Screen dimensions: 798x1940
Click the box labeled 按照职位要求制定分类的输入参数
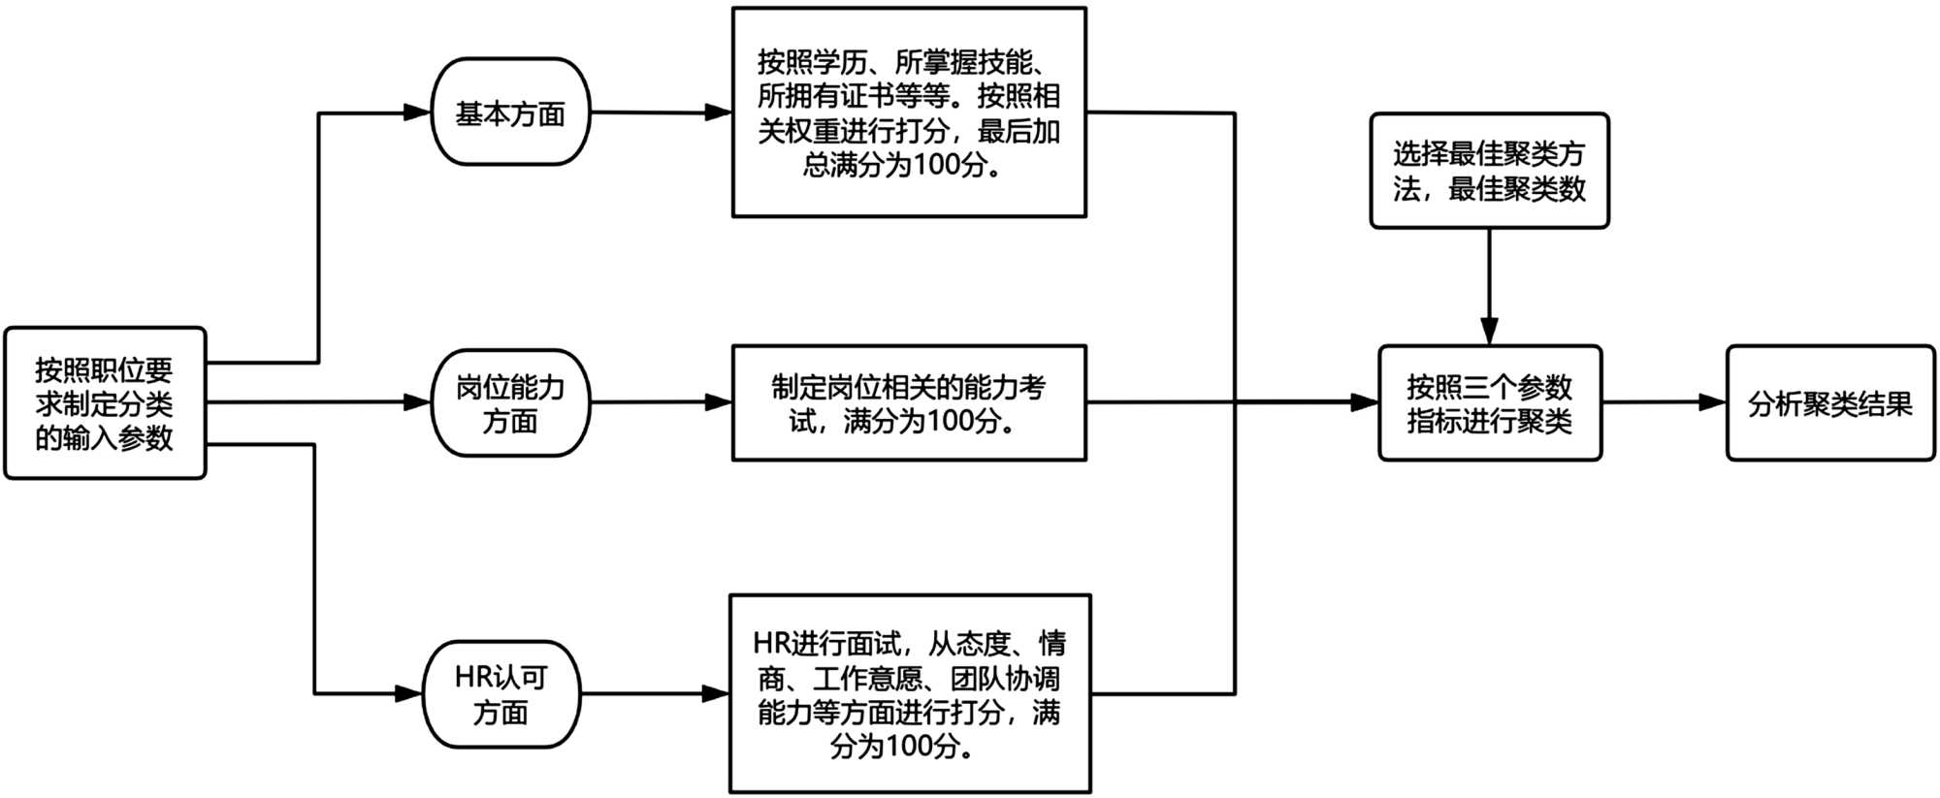pos(105,403)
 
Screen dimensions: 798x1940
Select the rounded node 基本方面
pos(510,112)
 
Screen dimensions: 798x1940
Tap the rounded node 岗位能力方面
pos(510,403)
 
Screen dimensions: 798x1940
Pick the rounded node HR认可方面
pos(501,694)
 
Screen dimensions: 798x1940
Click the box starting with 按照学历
pos(909,112)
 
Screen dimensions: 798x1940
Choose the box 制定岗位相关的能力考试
pos(909,403)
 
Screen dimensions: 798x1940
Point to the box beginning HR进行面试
pos(910,694)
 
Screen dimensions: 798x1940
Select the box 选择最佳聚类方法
pos(1489,171)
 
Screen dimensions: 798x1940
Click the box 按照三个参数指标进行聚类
pos(1490,403)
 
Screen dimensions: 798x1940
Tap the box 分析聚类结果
pos(1830,403)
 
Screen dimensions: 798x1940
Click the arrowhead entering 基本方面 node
pos(418,112)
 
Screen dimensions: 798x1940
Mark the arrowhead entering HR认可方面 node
pos(409,694)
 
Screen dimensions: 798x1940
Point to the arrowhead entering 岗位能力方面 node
pos(418,402)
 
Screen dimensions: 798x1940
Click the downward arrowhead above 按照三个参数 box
pos(1490,331)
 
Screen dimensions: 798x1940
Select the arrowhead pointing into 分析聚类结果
pos(1713,402)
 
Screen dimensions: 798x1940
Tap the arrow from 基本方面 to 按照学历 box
pos(661,112)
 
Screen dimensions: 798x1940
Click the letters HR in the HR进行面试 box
pos(771,643)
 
